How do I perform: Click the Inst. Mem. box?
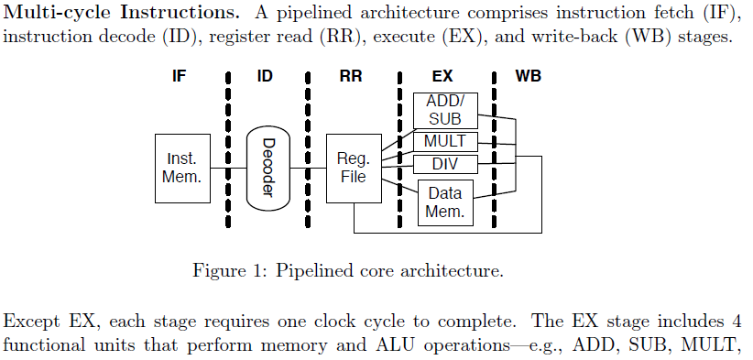(x=181, y=168)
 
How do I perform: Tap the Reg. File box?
(x=353, y=168)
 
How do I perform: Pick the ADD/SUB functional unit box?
(x=445, y=111)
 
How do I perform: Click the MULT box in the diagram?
(x=445, y=142)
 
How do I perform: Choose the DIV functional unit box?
(x=445, y=165)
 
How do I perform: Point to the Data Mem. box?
(x=445, y=202)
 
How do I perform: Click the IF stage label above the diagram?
(x=180, y=76)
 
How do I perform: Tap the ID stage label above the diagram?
(x=265, y=76)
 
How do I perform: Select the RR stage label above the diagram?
(x=351, y=76)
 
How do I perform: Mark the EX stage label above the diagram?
(x=443, y=76)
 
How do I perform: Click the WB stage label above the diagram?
(x=529, y=76)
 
